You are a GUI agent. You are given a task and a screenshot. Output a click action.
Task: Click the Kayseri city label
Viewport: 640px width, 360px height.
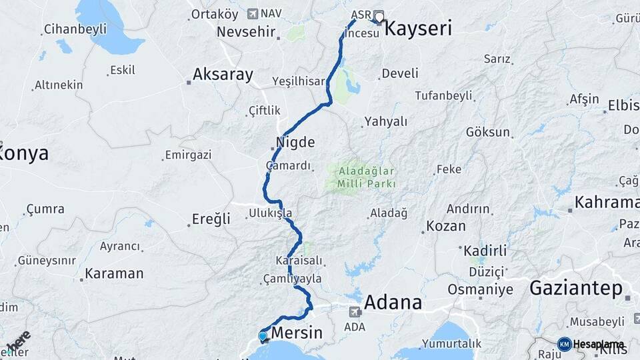pos(419,29)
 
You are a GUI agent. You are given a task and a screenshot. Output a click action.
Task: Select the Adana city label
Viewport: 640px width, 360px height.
pos(393,303)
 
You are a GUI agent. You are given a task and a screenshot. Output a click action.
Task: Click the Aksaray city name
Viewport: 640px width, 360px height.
pos(223,74)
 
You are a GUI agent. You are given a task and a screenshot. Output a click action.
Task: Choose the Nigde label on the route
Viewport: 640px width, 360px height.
pos(295,142)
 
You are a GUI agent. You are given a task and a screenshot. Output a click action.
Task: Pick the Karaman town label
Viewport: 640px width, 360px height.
pos(115,273)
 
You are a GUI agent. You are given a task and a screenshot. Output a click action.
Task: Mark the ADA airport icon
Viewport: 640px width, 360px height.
pos(355,311)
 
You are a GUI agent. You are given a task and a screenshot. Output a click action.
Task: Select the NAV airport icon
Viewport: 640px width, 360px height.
pos(252,13)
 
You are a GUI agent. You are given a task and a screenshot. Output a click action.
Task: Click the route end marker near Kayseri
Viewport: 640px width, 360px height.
pos(379,17)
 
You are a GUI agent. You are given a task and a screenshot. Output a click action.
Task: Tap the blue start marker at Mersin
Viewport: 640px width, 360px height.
pos(263,336)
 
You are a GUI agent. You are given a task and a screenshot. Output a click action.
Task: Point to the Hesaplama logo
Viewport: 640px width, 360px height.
pos(591,344)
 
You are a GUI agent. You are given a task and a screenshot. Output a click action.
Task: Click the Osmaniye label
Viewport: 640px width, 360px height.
pos(480,289)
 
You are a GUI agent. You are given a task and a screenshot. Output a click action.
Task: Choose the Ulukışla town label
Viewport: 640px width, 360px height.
pos(270,213)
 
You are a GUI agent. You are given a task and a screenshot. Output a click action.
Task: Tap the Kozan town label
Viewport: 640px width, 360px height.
pos(446,226)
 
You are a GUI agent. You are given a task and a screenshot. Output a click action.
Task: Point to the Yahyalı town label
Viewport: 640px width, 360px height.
pos(385,122)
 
